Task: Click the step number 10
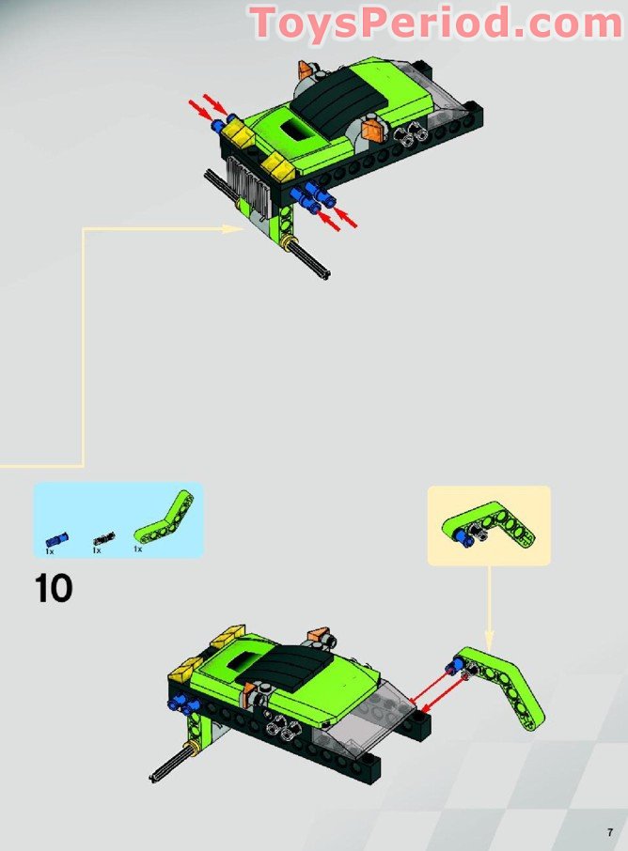(x=54, y=589)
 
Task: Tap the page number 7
(x=609, y=832)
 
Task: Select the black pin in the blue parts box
(x=103, y=538)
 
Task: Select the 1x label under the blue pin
(x=50, y=550)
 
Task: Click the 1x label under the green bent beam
(x=137, y=549)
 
